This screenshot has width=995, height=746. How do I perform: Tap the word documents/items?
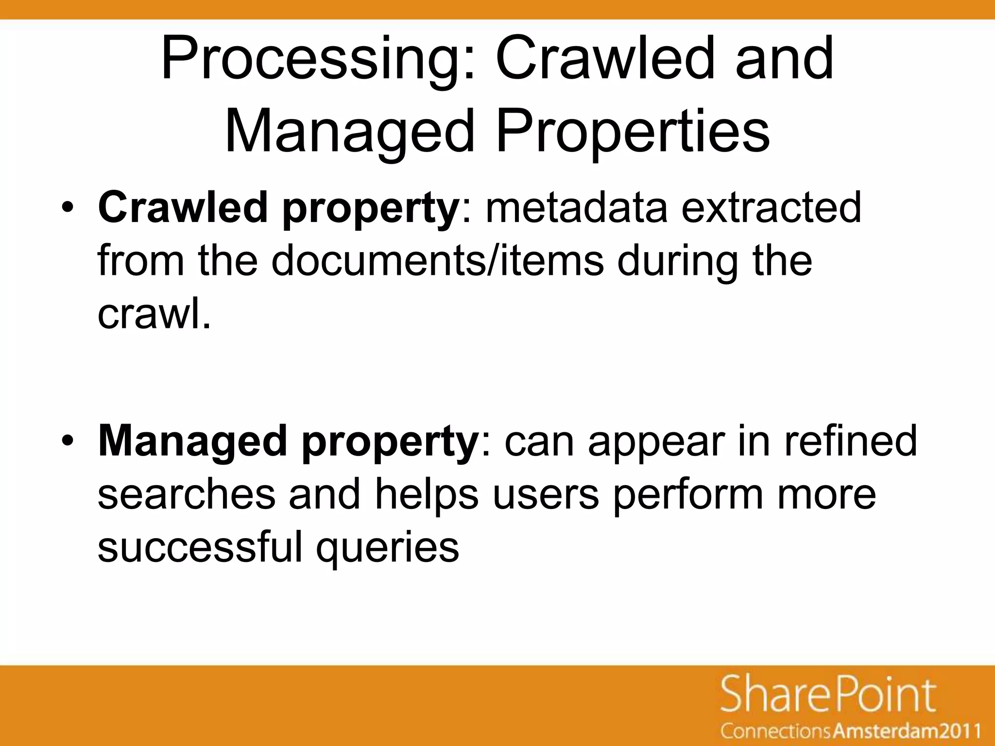437,260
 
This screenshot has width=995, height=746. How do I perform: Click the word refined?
850,441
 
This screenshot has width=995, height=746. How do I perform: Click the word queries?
387,548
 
